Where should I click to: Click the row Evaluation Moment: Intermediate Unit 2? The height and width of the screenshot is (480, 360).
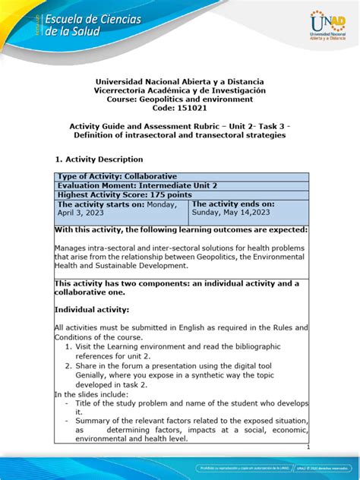140,186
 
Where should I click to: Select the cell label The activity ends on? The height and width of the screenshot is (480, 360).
232,205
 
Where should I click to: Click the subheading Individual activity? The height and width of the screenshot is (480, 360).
92,310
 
